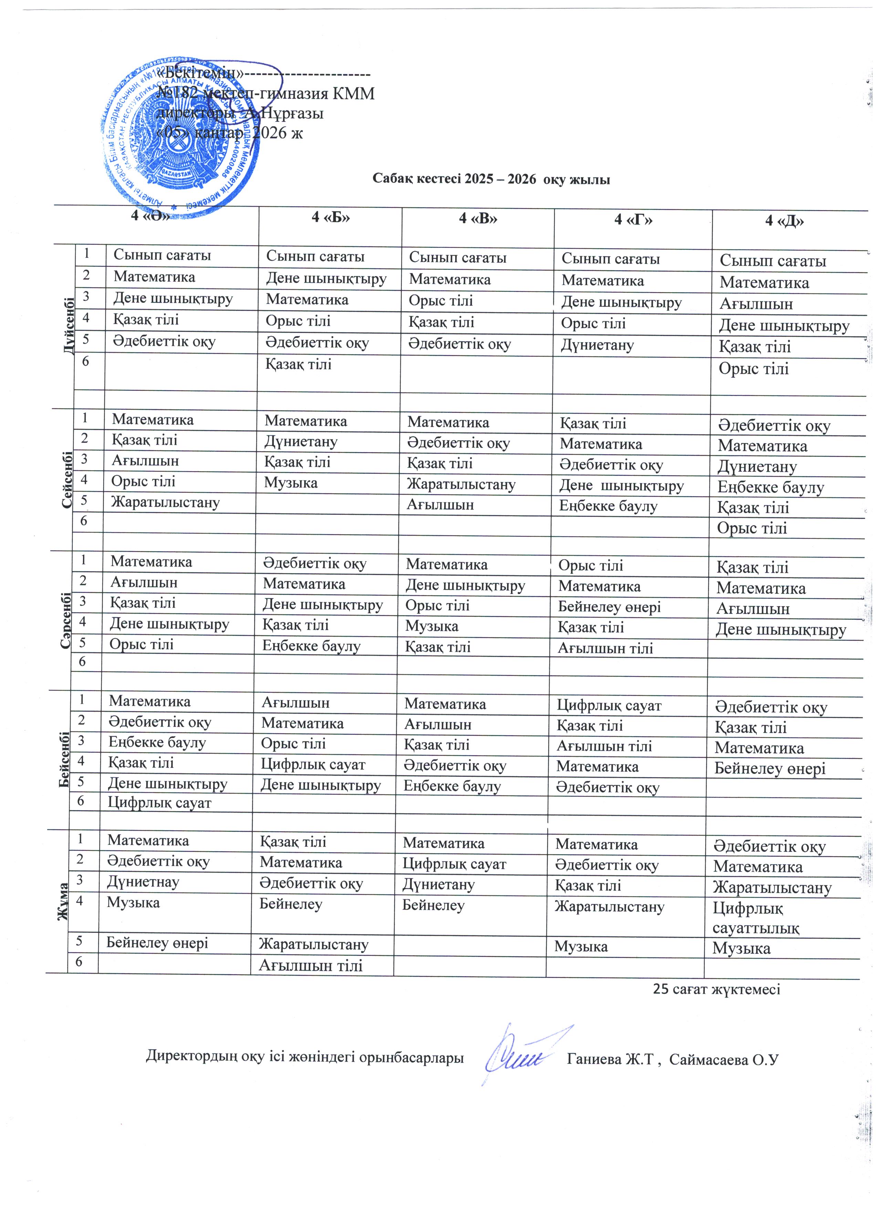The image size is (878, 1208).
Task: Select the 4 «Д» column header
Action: pyautogui.click(x=784, y=221)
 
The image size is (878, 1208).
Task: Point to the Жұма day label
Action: pyautogui.click(x=63, y=901)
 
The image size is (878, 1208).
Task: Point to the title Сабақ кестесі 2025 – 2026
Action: pyautogui.click(x=490, y=179)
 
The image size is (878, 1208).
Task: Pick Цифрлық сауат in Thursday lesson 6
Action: pyautogui.click(x=160, y=803)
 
